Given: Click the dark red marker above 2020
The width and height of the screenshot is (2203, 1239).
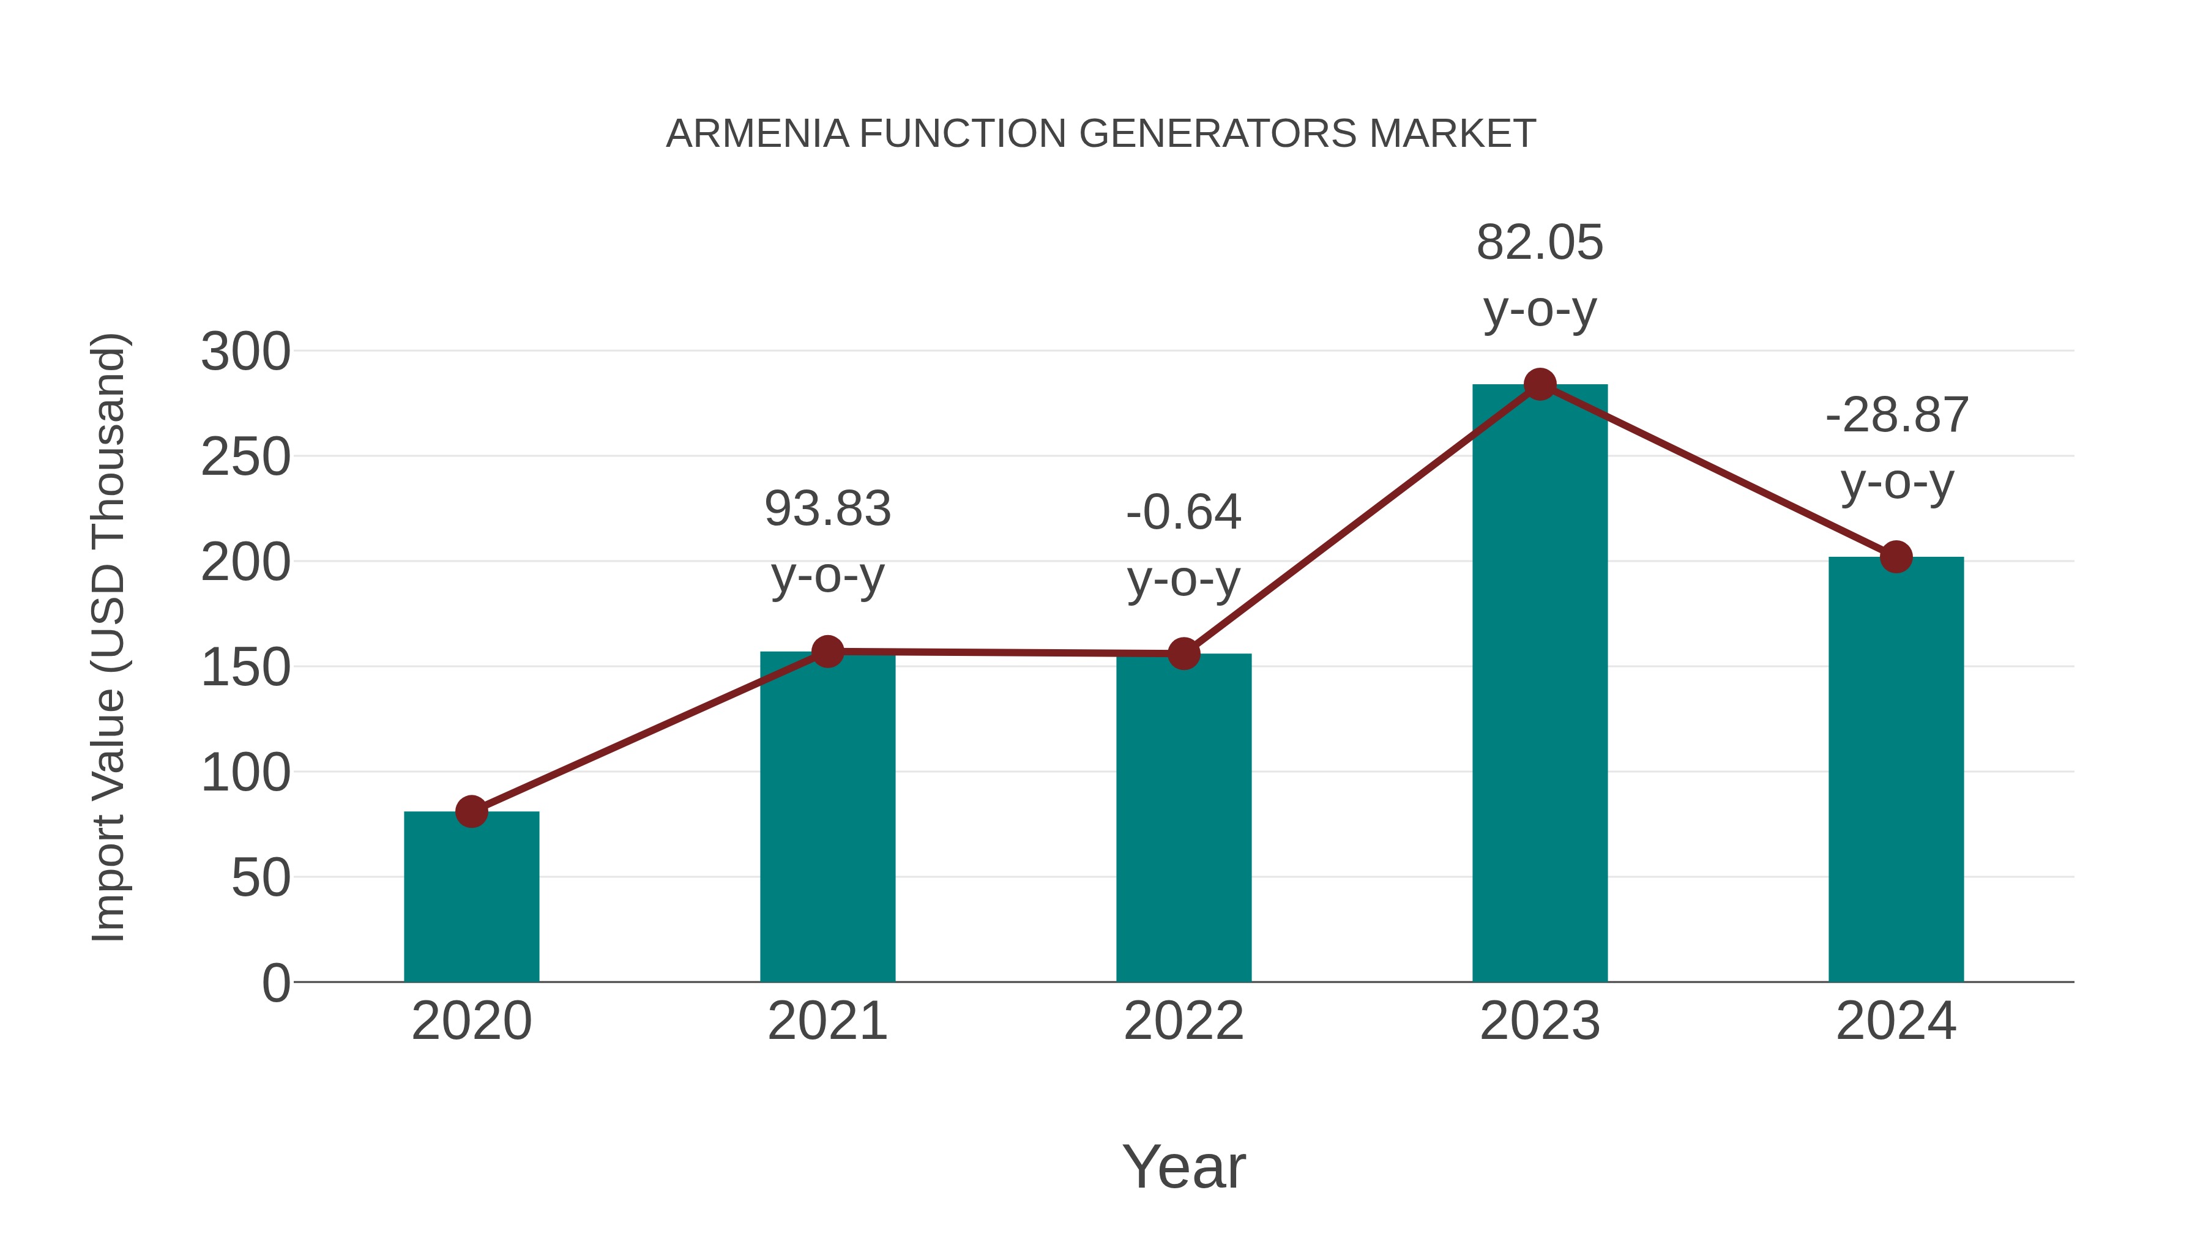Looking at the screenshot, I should pyautogui.click(x=471, y=811).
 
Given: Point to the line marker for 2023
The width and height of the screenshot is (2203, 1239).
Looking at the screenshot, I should pyautogui.click(x=1540, y=385).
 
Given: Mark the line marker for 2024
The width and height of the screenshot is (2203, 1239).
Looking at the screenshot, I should pyautogui.click(x=1896, y=557).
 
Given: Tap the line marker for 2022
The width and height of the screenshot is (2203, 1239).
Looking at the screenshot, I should pyautogui.click(x=1184, y=654).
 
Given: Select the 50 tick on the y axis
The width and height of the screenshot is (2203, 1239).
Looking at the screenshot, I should pyautogui.click(x=261, y=877).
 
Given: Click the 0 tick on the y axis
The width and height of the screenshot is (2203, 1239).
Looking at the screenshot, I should pyautogui.click(x=275, y=983).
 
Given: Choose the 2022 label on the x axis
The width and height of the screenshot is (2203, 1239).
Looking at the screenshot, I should pyautogui.click(x=1184, y=1021).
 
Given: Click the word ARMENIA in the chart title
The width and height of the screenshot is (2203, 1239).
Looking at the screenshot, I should pyautogui.click(x=757, y=133).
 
